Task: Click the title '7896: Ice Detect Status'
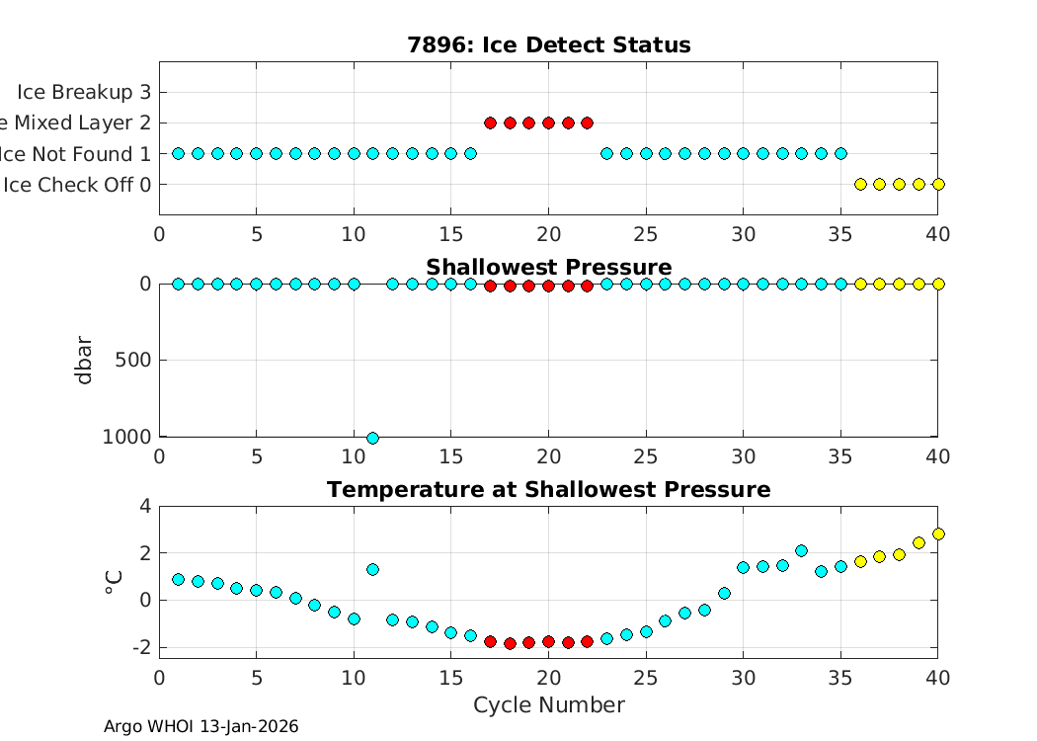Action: pyautogui.click(x=548, y=45)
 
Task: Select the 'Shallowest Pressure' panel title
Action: pyautogui.click(x=548, y=268)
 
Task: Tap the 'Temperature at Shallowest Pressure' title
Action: pyautogui.click(x=548, y=490)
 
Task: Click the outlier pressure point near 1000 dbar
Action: pyautogui.click(x=372, y=438)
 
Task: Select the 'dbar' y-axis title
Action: pyautogui.click(x=86, y=360)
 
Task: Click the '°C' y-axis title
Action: pyautogui.click(x=113, y=581)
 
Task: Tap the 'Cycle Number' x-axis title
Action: pyautogui.click(x=548, y=705)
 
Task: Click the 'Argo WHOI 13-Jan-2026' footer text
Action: pyautogui.click(x=200, y=727)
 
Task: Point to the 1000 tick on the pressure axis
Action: pyautogui.click(x=128, y=437)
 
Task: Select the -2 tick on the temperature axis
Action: pyautogui.click(x=138, y=647)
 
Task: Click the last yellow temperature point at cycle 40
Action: pyautogui.click(x=938, y=534)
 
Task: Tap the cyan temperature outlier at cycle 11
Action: pyautogui.click(x=372, y=569)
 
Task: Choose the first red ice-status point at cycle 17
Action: pyautogui.click(x=490, y=123)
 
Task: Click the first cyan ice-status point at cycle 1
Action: pyautogui.click(x=178, y=153)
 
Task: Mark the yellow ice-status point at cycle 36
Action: pyautogui.click(x=860, y=184)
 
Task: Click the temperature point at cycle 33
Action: pyautogui.click(x=801, y=550)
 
